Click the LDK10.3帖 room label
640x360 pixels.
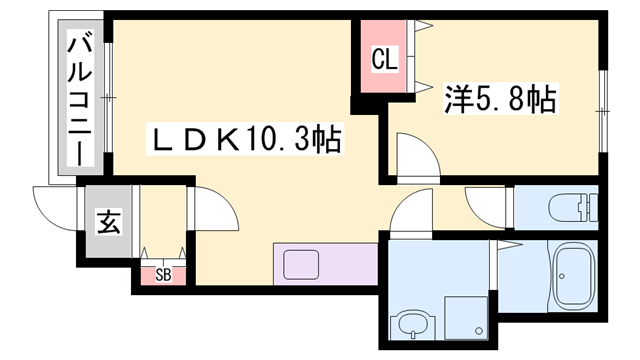tap(246, 139)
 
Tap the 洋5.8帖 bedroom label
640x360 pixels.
tap(499, 100)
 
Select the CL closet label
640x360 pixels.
tap(385, 60)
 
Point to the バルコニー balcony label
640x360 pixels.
tap(80, 98)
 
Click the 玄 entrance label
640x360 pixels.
tap(107, 223)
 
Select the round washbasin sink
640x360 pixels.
tap(411, 324)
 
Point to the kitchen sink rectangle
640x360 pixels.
tap(301, 265)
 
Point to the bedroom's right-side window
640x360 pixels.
tap(602, 105)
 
